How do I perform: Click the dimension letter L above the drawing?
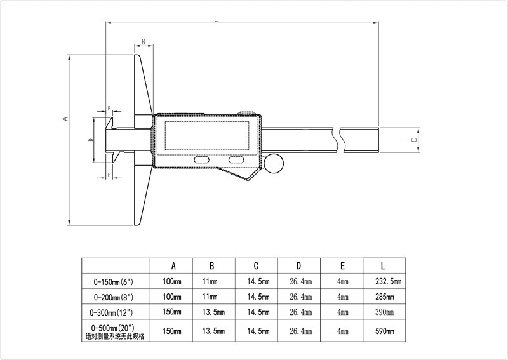(x=217, y=20)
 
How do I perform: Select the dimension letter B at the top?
(x=144, y=41)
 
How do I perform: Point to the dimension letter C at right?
(x=413, y=140)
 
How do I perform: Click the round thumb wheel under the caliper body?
(x=274, y=163)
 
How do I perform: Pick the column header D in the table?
(x=299, y=265)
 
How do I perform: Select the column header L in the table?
(x=384, y=265)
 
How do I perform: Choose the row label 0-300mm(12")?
(x=116, y=312)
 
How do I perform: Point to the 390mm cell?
(x=385, y=312)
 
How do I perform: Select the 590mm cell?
(x=385, y=331)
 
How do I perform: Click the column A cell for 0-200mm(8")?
(x=172, y=297)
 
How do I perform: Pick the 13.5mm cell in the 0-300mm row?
(x=214, y=312)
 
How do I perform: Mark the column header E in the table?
(x=342, y=265)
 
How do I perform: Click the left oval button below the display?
(x=204, y=159)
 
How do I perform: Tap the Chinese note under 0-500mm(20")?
(x=116, y=337)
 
